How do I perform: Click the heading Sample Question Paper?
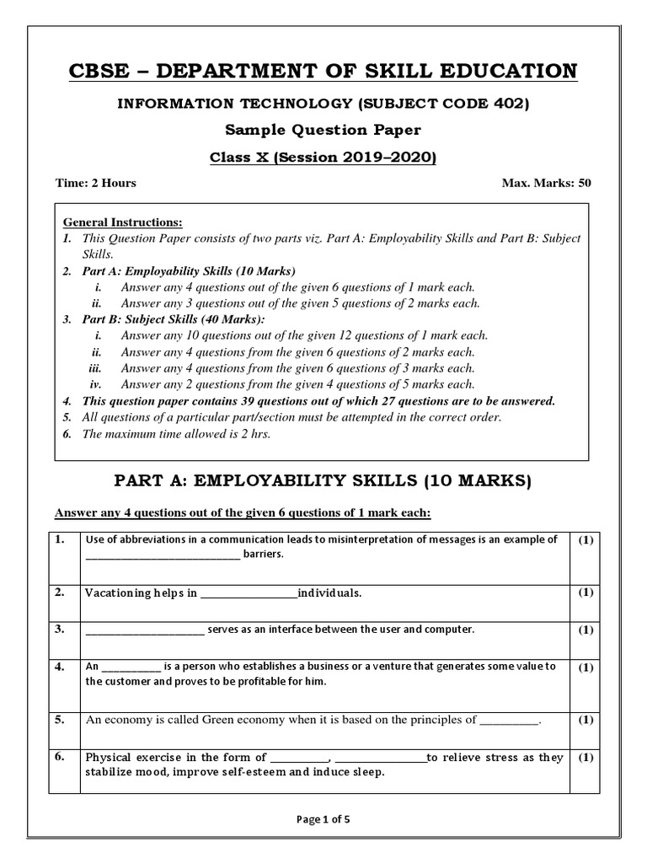coord(323,131)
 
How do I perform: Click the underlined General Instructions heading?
coord(123,222)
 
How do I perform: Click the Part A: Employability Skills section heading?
coord(323,481)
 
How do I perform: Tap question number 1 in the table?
coord(60,539)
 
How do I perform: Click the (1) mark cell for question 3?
coord(586,630)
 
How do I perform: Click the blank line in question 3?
coord(144,630)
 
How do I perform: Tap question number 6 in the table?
coord(60,757)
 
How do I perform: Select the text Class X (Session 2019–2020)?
coord(323,158)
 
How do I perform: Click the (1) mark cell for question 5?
coord(586,720)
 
